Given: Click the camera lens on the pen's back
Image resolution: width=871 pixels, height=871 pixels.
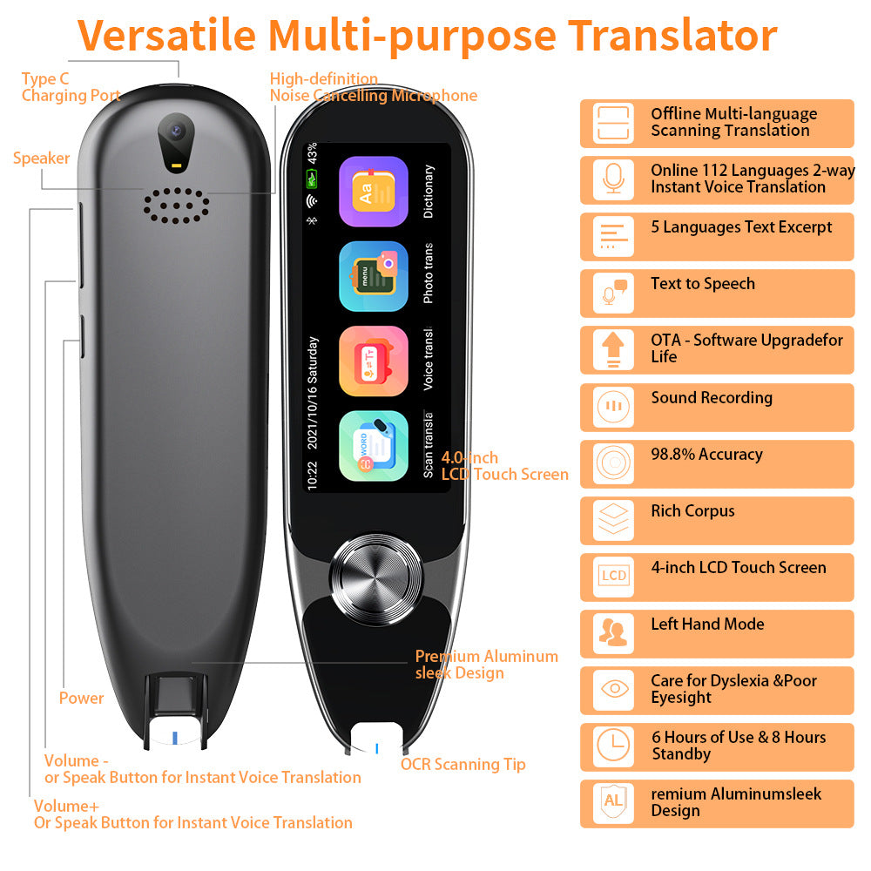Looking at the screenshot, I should coord(177,132).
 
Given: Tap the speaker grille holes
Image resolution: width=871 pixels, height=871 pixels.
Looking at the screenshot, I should coord(177,205).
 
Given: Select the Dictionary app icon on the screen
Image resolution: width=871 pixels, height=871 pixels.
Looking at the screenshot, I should coord(374,192).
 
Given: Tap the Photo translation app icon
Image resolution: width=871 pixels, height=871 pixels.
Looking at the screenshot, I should coord(374,276).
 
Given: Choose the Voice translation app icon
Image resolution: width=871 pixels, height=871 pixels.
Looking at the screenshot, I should coord(374,361).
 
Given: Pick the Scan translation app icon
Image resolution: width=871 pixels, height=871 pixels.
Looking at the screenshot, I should coord(374,445).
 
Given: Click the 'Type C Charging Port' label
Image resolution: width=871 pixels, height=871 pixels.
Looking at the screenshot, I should coord(71,87).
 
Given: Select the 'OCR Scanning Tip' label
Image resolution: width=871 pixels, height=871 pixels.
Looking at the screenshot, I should coord(463,765).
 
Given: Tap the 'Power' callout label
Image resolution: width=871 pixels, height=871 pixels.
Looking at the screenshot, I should coord(81,698).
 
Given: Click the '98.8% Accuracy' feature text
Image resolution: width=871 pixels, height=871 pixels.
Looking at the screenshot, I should coord(706,455).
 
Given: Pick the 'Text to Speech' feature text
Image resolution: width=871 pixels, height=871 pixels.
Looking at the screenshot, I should coord(702,284).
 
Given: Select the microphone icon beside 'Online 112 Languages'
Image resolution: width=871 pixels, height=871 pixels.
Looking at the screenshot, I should coord(613,179).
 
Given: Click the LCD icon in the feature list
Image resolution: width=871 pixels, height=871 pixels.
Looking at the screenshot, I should coord(613,576).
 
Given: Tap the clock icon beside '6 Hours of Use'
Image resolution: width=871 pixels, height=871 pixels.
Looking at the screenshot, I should coord(613,746).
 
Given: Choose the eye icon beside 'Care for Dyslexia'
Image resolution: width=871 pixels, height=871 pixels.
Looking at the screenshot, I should coord(613,689).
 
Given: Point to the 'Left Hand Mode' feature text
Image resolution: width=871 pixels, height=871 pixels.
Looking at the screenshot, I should coord(706,625).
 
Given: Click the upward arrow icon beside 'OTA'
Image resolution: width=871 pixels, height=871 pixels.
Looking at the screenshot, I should coord(613,349).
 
